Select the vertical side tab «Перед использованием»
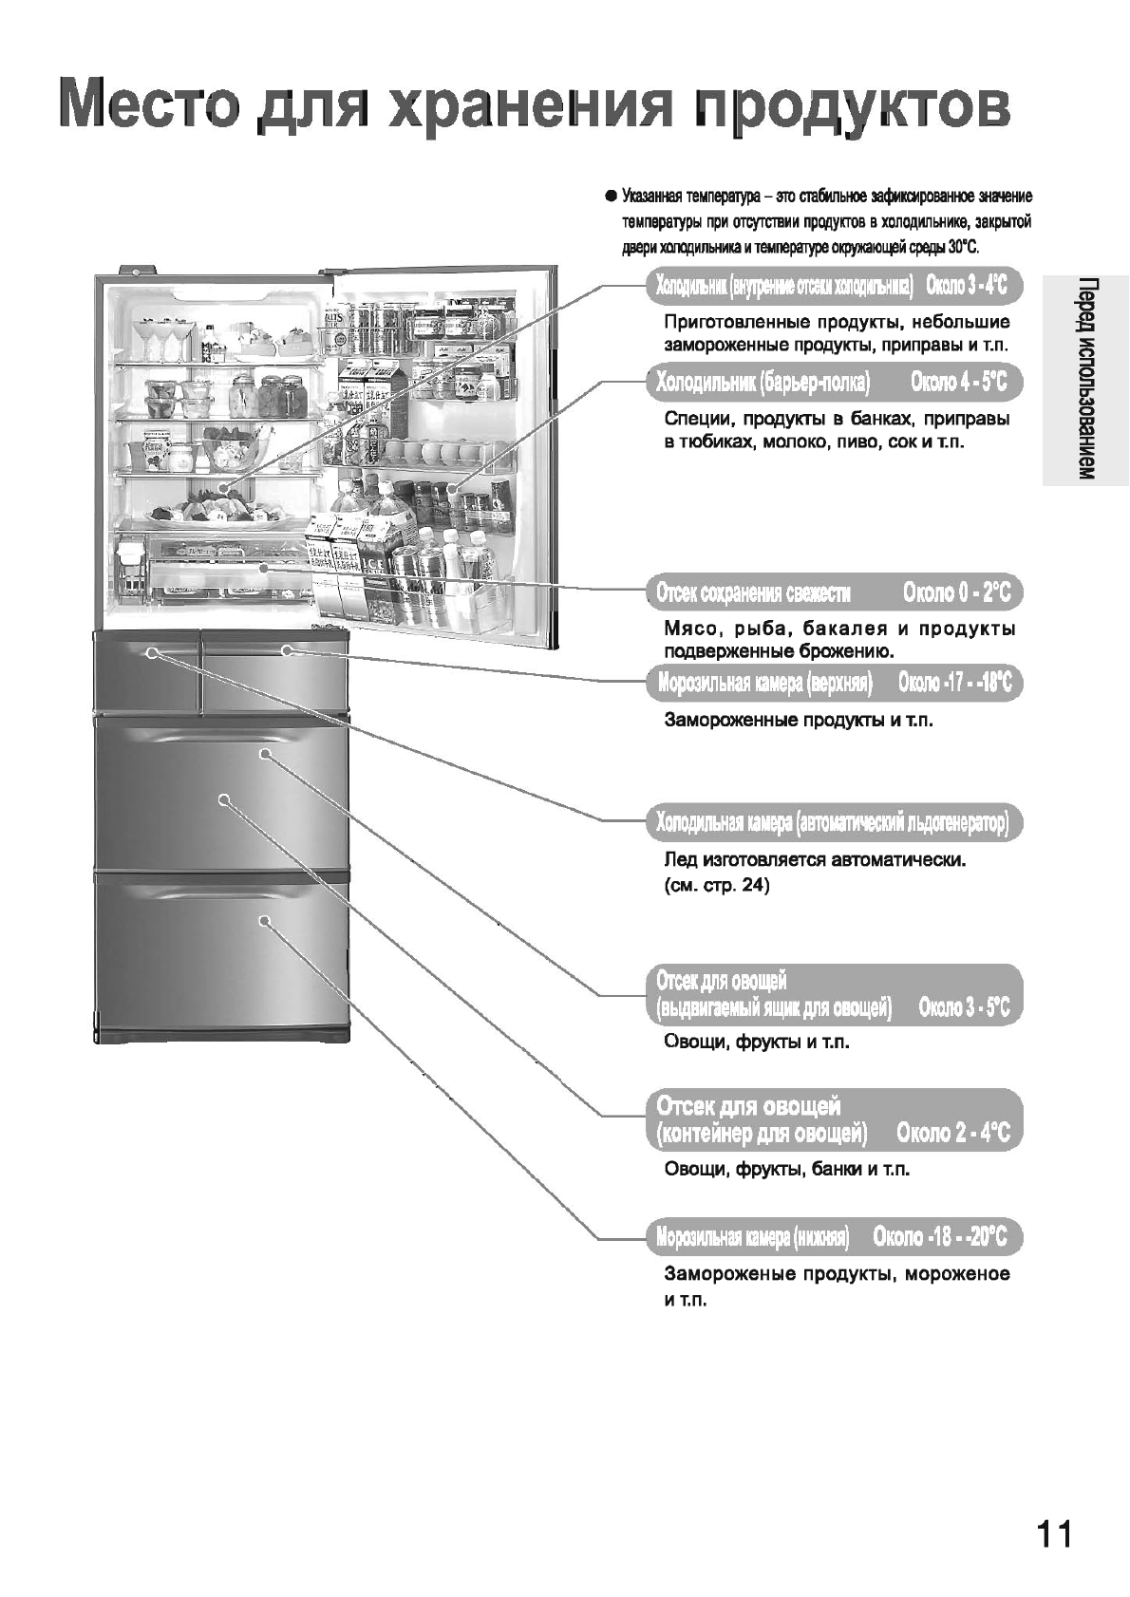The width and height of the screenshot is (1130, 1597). (1086, 380)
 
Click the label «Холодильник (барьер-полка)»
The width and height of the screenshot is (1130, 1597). (763, 383)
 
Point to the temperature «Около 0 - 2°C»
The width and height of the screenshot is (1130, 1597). (956, 594)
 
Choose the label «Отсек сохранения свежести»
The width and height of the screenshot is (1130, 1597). (753, 594)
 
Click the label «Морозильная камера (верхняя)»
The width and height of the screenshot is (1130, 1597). (764, 683)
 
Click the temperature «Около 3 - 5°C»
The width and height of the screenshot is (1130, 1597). (964, 1008)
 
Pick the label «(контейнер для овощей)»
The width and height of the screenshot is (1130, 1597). (762, 1134)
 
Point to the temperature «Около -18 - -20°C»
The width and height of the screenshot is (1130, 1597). (939, 1237)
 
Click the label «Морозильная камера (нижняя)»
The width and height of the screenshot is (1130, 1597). (752, 1237)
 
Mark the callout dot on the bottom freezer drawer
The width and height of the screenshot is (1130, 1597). (265, 920)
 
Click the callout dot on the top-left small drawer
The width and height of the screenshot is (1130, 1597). (151, 652)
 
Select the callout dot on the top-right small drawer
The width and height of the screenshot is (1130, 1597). (287, 650)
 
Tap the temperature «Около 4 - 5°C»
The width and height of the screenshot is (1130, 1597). (958, 383)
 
